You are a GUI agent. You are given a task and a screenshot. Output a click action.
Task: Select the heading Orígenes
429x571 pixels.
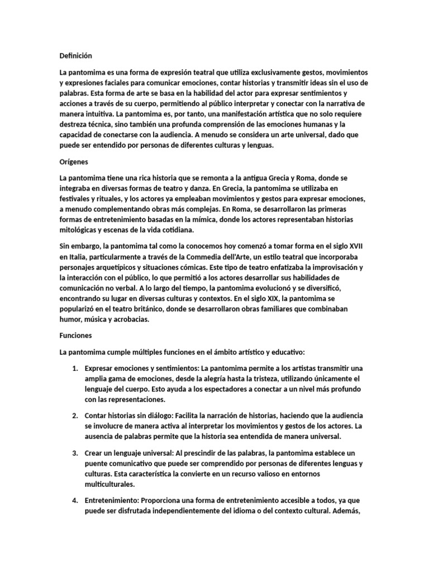click(74, 162)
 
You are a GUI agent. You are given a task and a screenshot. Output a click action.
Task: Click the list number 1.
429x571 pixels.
click(75, 369)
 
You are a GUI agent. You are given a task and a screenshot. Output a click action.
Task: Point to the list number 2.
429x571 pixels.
click(75, 415)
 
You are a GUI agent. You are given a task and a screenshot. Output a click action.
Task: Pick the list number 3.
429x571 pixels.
click(75, 453)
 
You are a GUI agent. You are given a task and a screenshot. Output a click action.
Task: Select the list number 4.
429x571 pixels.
click(75, 500)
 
